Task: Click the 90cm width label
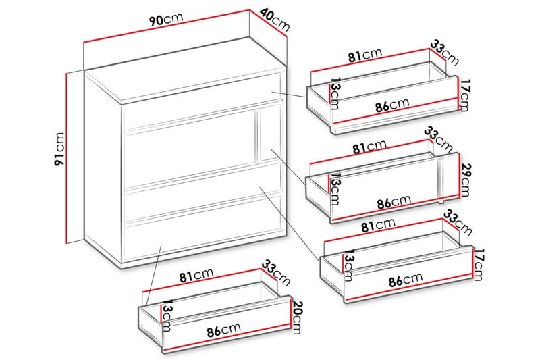click(x=166, y=20)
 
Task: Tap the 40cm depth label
click(x=275, y=20)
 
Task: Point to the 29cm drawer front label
click(x=465, y=179)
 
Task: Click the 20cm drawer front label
click(x=296, y=317)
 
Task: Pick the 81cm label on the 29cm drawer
click(x=369, y=147)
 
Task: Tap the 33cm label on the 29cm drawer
click(x=438, y=139)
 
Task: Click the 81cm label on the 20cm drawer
click(x=196, y=275)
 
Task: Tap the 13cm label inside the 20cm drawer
click(x=167, y=315)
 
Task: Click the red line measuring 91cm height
click(x=65, y=158)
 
